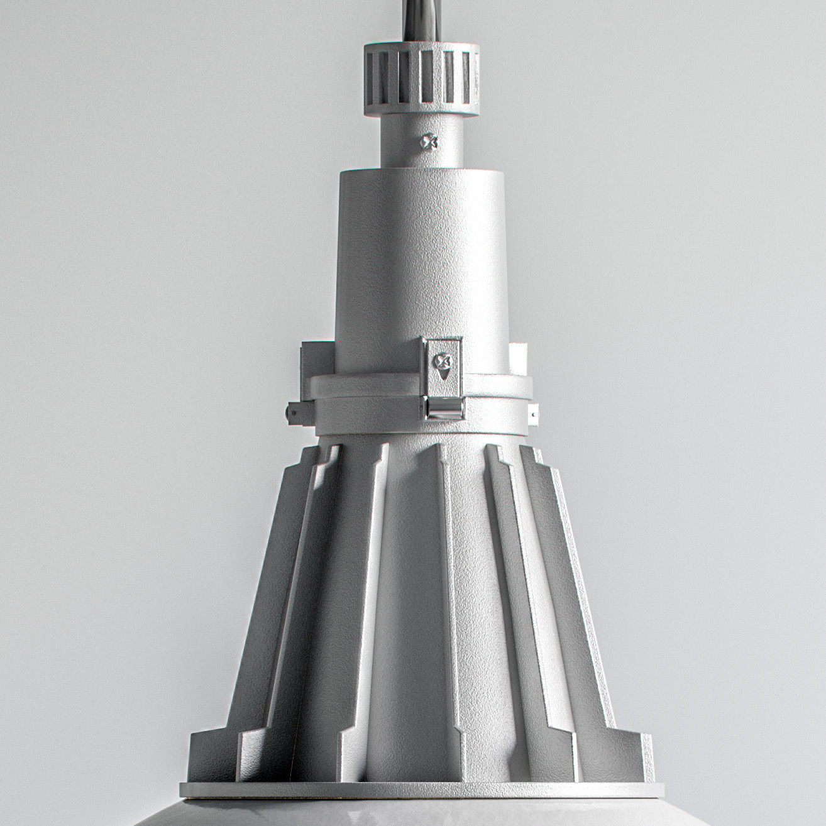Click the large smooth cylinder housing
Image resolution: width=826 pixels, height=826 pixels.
[x=420, y=264]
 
